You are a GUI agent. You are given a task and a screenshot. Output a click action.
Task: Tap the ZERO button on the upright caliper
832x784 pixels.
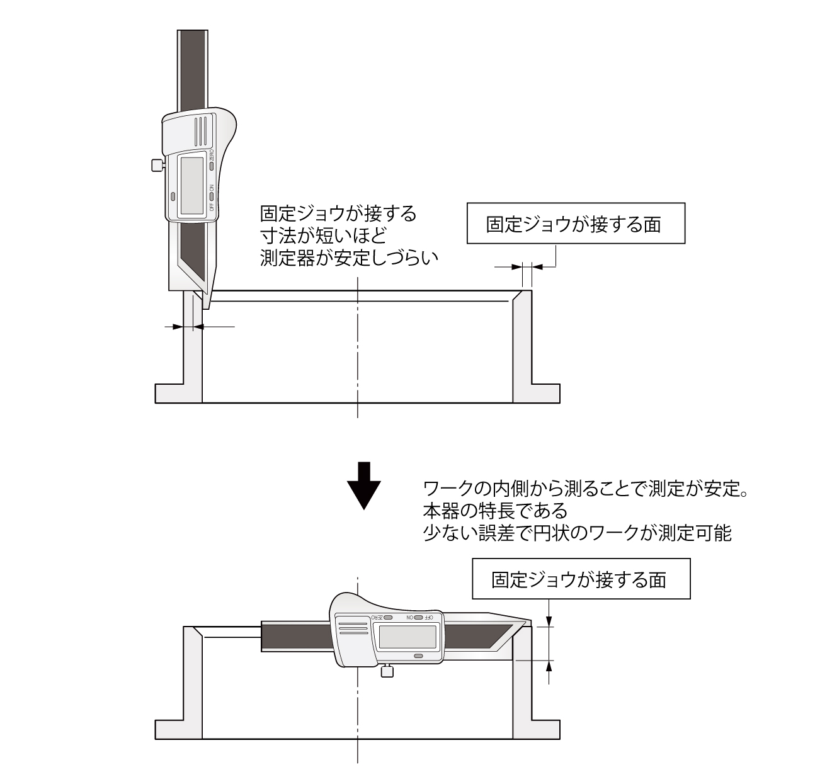tap(212, 166)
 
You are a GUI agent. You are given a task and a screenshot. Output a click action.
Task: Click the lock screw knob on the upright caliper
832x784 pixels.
tap(157, 166)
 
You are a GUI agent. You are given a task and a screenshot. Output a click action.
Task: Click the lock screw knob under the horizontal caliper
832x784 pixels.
tap(387, 672)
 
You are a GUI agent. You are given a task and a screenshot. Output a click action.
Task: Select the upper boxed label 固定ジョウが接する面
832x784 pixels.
tap(575, 224)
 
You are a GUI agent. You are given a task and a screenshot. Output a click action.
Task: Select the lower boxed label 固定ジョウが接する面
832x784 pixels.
tap(581, 579)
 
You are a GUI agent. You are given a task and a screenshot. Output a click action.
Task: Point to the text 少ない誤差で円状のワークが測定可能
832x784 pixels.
tap(577, 533)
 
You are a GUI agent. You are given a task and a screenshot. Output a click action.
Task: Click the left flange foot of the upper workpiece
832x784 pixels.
tap(169, 393)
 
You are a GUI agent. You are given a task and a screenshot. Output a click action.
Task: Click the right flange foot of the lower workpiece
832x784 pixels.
tap(545, 729)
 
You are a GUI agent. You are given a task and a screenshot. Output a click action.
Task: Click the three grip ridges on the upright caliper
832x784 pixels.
tap(200, 130)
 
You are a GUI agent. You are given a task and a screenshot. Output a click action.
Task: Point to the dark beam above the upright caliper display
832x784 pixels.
tap(191, 69)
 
